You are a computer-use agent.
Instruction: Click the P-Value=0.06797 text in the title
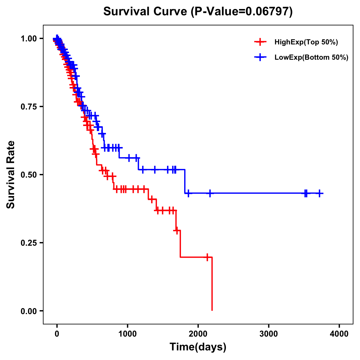point(242,12)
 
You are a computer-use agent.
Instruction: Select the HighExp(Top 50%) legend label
point(306,42)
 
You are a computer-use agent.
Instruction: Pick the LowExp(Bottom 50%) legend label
point(311,58)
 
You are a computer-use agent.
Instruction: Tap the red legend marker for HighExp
point(260,42)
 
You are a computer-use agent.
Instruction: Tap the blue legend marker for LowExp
point(260,57)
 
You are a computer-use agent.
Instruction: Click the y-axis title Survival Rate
point(11,175)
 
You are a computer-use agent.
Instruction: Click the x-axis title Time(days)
point(198,347)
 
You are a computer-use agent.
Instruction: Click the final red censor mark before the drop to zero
point(207,257)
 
